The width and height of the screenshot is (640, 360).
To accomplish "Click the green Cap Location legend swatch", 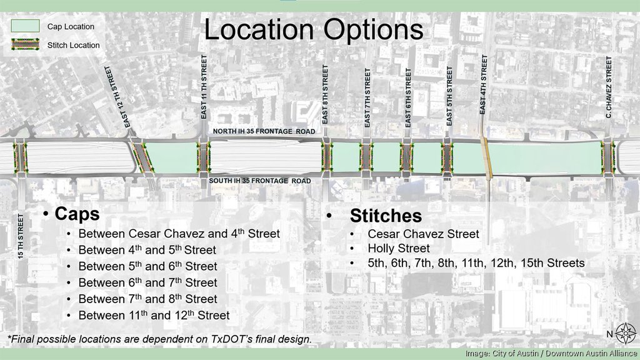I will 25,26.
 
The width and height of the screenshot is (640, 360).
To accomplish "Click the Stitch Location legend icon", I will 25,45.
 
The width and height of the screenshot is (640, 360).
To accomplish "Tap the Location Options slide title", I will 314,30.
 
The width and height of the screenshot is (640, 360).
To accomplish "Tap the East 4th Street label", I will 483,84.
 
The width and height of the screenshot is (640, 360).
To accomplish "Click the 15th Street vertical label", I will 21,236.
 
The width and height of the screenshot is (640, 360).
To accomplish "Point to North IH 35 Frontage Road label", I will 264,131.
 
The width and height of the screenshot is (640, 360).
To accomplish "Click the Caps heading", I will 77,214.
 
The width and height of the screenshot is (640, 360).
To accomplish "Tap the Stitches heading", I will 386,216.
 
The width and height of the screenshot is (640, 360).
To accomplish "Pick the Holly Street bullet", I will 399,249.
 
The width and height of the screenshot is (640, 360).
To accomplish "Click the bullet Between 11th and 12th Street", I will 154,315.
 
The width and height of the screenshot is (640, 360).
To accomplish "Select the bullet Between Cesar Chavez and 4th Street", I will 179,234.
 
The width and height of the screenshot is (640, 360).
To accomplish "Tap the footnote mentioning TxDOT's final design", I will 159,339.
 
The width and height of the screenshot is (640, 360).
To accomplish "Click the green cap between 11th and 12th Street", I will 170,157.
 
